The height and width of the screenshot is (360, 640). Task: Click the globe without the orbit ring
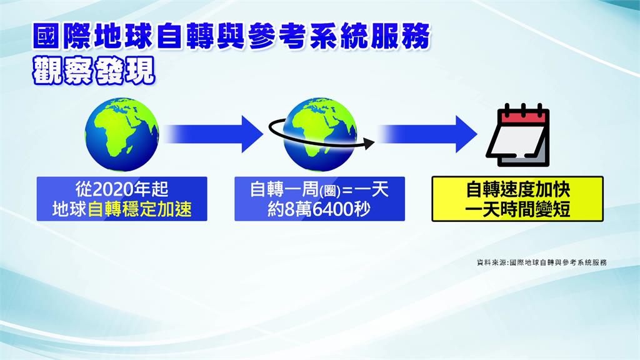[122, 134]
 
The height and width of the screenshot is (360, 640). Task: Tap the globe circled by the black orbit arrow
[319, 134]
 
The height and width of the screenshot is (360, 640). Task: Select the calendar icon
[518, 135]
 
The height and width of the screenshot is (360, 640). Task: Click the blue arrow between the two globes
[213, 134]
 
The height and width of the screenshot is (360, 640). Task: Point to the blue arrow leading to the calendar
[426, 134]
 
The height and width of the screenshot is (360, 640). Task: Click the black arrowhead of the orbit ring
[369, 143]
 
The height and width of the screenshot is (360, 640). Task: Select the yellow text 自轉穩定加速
[139, 209]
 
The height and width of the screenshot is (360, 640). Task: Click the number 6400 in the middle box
[332, 209]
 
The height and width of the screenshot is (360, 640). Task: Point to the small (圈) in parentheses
[330, 191]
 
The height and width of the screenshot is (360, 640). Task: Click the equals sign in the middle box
[347, 191]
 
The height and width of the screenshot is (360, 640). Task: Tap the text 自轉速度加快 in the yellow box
[518, 190]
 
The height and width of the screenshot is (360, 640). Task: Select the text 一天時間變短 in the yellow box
[517, 210]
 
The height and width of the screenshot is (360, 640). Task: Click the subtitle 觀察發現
[94, 71]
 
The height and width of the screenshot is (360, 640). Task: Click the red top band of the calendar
[523, 117]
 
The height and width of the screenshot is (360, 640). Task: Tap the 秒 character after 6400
[362, 209]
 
